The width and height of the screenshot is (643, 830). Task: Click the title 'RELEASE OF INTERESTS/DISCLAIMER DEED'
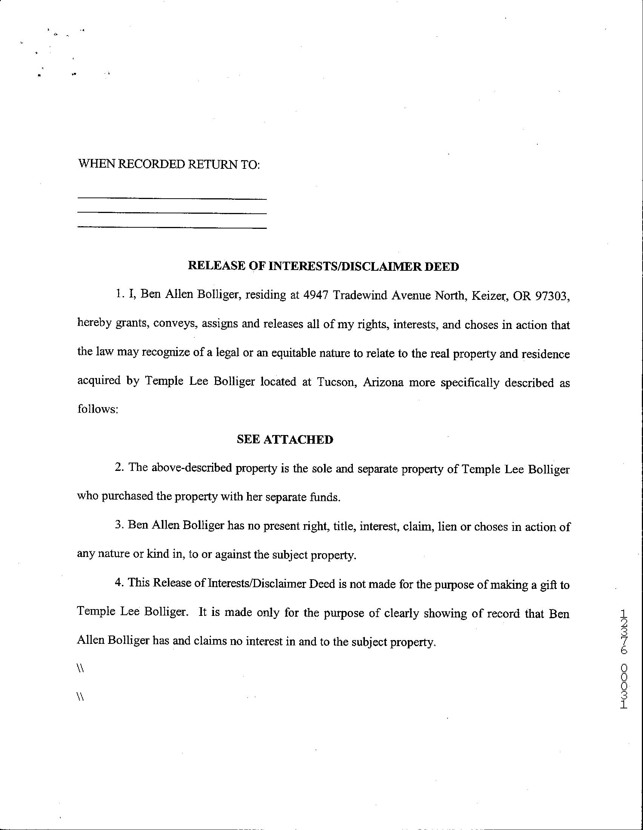click(323, 266)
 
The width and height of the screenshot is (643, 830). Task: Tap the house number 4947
click(315, 295)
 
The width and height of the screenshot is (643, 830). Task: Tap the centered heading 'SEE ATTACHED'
click(285, 440)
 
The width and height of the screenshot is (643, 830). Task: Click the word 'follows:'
click(98, 409)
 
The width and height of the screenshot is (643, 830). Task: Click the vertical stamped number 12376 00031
click(624, 659)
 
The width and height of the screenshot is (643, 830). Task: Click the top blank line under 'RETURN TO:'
click(172, 199)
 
